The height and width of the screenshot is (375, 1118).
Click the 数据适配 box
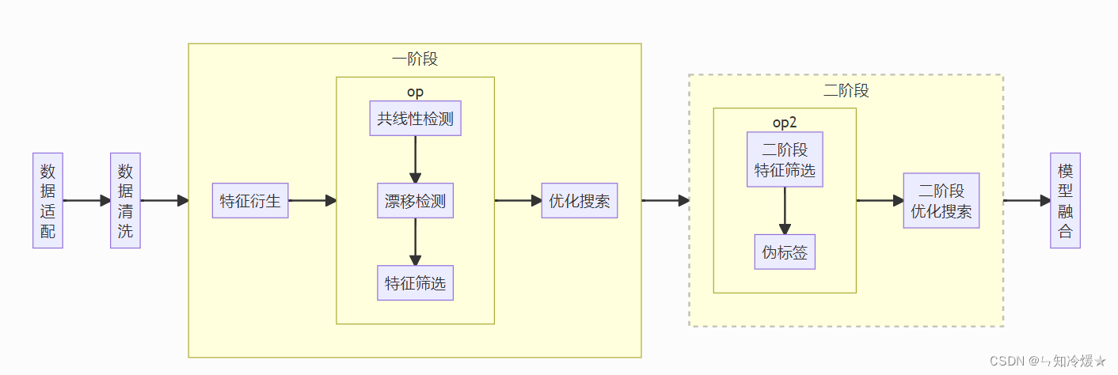tap(48, 201)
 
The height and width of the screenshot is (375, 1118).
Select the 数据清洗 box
tap(125, 201)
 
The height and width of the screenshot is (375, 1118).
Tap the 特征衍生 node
tap(250, 201)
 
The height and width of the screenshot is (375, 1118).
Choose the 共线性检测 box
tap(415, 119)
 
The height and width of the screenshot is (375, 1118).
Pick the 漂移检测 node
tap(415, 201)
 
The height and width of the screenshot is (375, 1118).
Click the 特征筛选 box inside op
tap(415, 283)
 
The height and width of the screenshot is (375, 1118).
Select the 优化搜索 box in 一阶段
tap(580, 201)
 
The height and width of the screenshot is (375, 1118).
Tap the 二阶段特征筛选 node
tap(785, 160)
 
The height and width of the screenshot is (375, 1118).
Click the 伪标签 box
tap(785, 252)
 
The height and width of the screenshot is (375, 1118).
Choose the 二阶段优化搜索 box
tap(941, 201)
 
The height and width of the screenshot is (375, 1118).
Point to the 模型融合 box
tap(1065, 201)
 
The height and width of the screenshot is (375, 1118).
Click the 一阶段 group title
tap(415, 59)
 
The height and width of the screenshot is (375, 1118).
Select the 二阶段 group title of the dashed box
tap(846, 91)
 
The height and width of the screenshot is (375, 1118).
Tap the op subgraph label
tap(415, 92)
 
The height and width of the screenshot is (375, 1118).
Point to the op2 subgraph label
tap(785, 123)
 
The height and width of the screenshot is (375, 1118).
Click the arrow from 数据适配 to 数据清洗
tap(86, 201)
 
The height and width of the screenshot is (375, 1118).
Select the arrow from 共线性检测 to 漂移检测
tap(415, 160)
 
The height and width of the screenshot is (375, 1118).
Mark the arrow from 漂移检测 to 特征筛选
tap(415, 242)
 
